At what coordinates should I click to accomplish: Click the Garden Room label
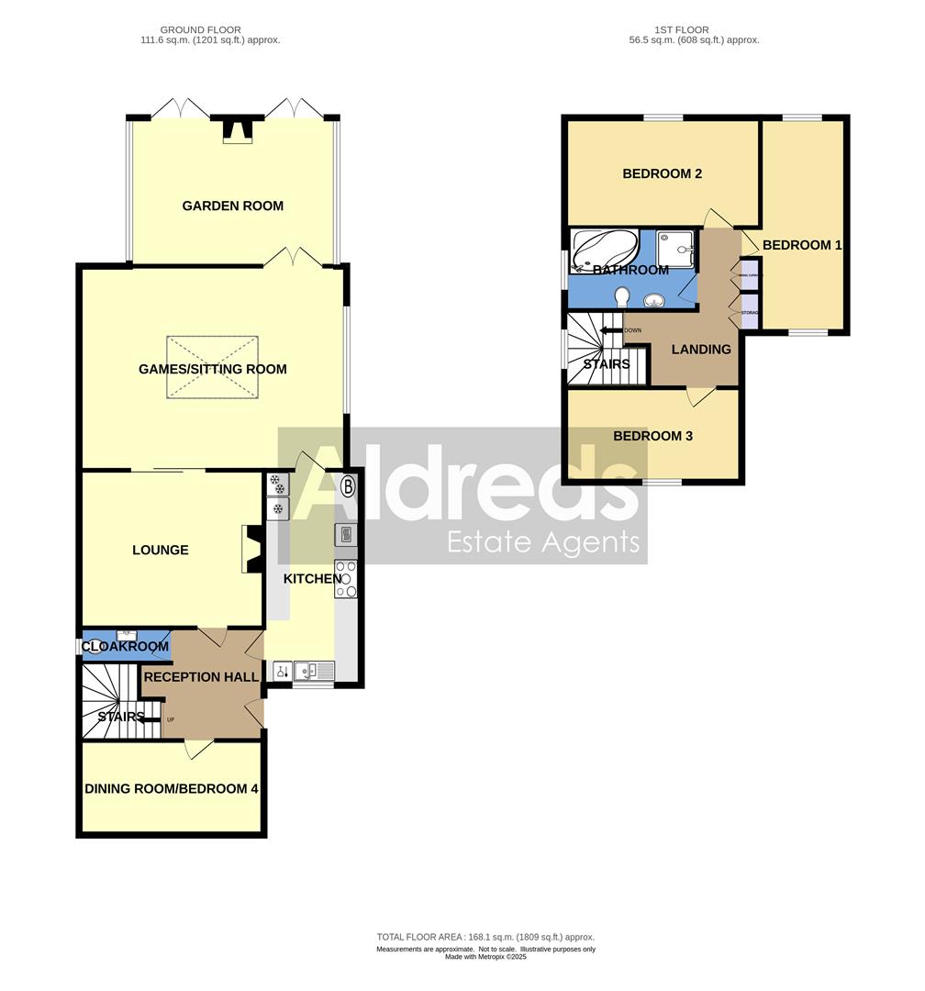click(232, 206)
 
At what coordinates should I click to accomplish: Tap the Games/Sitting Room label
click(212, 369)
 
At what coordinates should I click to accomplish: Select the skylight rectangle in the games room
click(212, 367)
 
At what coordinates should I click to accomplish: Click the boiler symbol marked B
click(348, 486)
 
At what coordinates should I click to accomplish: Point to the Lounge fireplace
click(251, 549)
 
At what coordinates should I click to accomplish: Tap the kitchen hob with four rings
click(346, 579)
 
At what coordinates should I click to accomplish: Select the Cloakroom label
click(126, 647)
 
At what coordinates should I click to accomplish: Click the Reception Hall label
click(200, 677)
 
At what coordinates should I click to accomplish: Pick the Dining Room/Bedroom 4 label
click(172, 788)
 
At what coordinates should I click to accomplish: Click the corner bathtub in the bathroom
click(604, 251)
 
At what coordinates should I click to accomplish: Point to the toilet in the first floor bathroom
click(621, 296)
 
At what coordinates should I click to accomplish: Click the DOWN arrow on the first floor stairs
click(608, 330)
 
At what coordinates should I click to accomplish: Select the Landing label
click(701, 349)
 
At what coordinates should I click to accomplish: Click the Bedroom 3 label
click(652, 436)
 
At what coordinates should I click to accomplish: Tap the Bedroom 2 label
click(662, 173)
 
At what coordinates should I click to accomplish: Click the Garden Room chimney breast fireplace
click(237, 130)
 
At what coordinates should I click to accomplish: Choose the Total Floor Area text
click(485, 937)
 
